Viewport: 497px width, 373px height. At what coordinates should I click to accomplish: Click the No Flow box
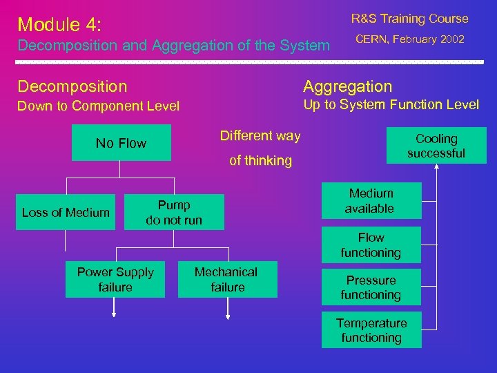pyautogui.click(x=121, y=143)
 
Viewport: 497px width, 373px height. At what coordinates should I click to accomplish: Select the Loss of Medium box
pyautogui.click(x=66, y=213)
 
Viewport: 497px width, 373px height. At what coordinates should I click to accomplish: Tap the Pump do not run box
pyautogui.click(x=174, y=212)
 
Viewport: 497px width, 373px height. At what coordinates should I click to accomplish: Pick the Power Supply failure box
pyautogui.click(x=115, y=280)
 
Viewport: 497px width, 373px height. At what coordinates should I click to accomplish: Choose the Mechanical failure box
pyautogui.click(x=227, y=280)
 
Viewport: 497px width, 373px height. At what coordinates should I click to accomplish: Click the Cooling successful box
pyautogui.click(x=436, y=146)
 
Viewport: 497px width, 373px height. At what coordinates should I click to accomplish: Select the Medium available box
pyautogui.click(x=371, y=201)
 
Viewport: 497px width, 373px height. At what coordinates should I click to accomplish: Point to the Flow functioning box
pyautogui.click(x=371, y=245)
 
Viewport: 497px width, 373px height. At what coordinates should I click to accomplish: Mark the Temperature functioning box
pyautogui.click(x=371, y=330)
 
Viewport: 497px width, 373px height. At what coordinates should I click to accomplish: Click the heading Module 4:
pyautogui.click(x=60, y=25)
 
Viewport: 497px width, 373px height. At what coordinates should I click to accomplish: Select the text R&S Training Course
pyautogui.click(x=409, y=19)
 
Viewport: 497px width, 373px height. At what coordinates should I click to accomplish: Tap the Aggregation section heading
pyautogui.click(x=347, y=86)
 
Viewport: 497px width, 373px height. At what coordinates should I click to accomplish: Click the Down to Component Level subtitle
pyautogui.click(x=98, y=106)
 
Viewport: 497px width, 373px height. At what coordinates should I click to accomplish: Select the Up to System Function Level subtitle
pyautogui.click(x=391, y=105)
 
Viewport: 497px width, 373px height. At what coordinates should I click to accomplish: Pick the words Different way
pyautogui.click(x=260, y=136)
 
